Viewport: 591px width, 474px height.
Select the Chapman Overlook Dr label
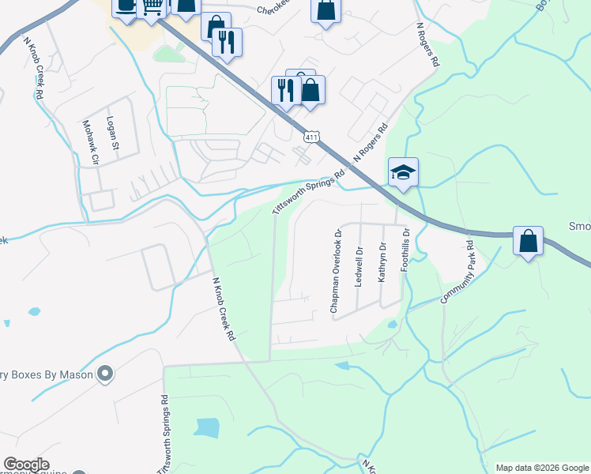pos(336,271)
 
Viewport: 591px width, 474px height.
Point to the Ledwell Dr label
pos(359,266)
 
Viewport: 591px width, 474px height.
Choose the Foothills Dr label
pos(406,250)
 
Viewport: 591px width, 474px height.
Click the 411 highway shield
pos(312,138)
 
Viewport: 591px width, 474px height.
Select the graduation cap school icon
pos(402,171)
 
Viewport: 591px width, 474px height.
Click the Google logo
pos(26,465)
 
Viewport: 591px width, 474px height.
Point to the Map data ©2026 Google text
pos(542,468)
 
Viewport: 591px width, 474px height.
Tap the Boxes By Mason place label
pos(47,374)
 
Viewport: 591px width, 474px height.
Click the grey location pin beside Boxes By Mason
pos(105,374)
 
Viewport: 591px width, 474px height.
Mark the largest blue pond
pos(206,427)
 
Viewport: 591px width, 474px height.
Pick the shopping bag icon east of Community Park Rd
pos(528,240)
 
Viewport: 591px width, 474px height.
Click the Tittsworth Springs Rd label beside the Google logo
pos(164,434)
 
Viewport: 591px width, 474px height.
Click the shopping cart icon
pos(152,6)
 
